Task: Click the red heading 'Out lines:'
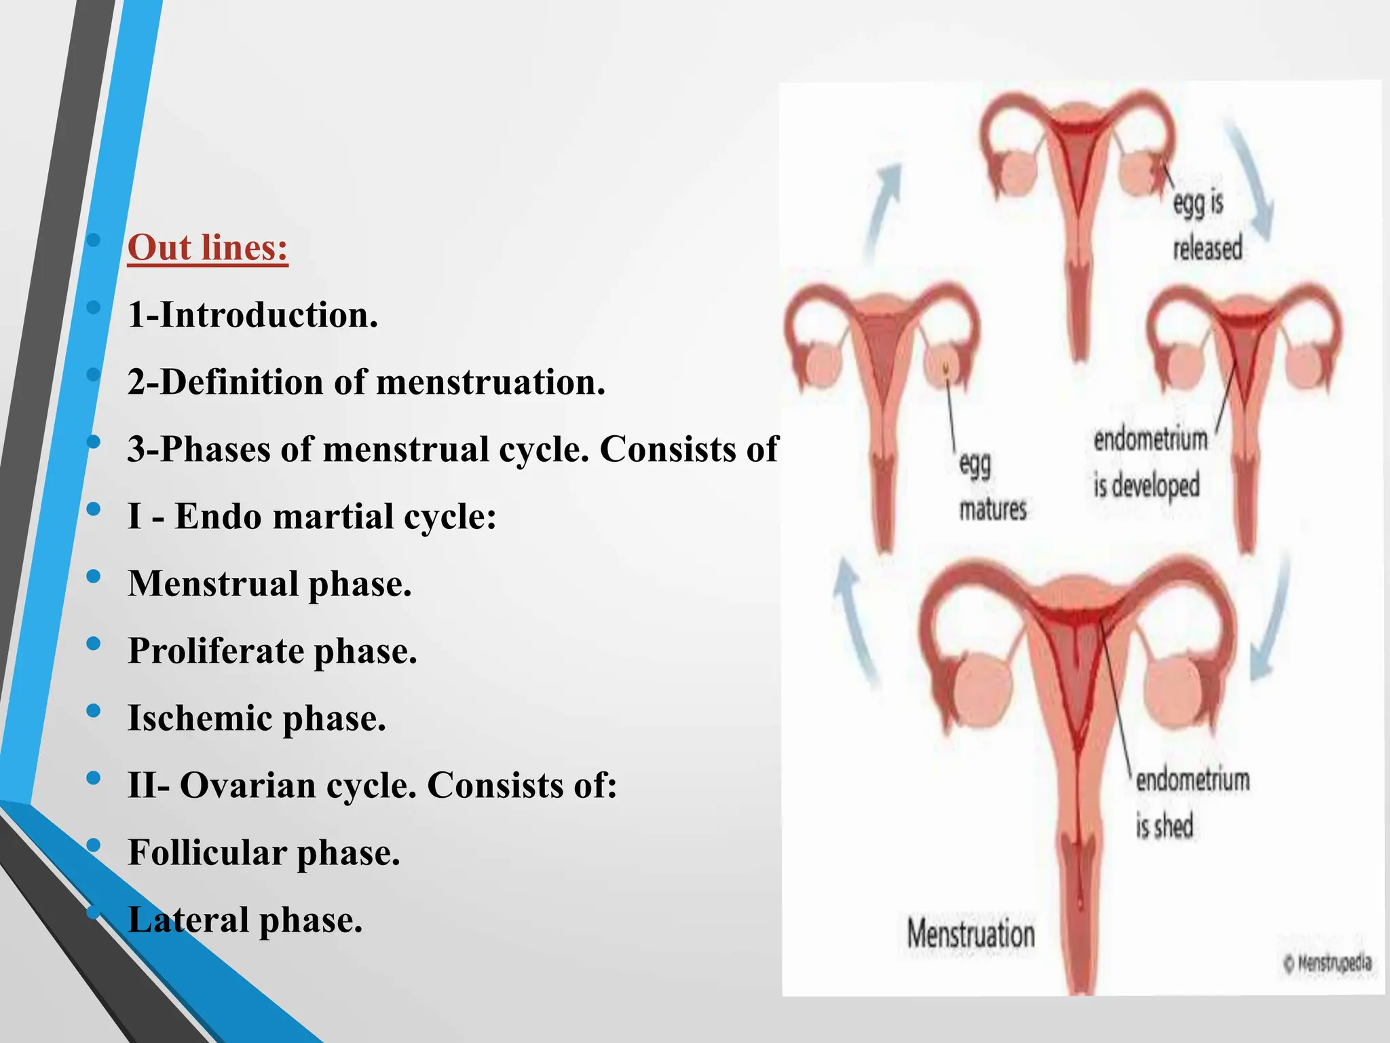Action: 208,247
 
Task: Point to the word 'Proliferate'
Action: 216,651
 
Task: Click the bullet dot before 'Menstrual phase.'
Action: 94,577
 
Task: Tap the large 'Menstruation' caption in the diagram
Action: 971,934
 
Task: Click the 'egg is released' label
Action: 1207,225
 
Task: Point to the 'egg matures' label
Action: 992,486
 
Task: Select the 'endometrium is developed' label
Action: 1150,462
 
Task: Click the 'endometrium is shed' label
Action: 1192,803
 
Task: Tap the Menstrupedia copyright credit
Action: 1328,962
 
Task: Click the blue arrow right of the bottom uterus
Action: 1271,618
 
